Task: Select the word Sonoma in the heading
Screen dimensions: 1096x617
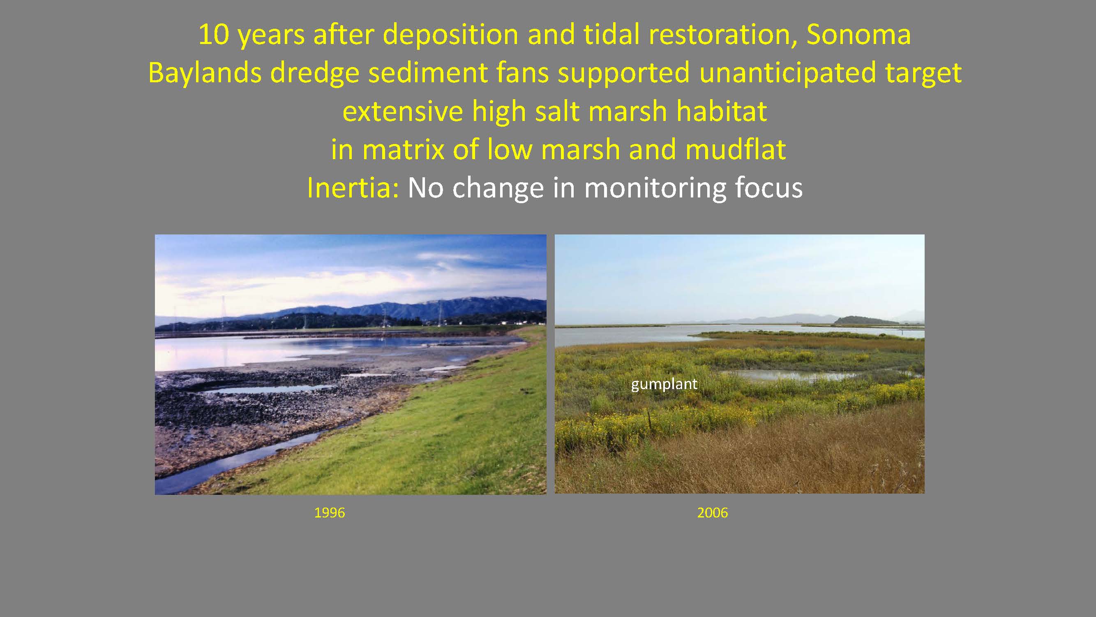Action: pyautogui.click(x=858, y=35)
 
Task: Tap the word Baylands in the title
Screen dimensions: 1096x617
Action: pyautogui.click(x=204, y=73)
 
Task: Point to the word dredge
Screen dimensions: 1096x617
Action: pyautogui.click(x=314, y=73)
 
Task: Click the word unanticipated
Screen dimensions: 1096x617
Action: pyautogui.click(x=787, y=72)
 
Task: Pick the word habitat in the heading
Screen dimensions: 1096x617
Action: pyautogui.click(x=722, y=111)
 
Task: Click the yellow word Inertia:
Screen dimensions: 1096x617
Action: pyautogui.click(x=353, y=188)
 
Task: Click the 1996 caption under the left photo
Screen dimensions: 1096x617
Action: pyautogui.click(x=329, y=513)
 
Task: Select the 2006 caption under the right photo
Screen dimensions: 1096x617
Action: pyautogui.click(x=712, y=513)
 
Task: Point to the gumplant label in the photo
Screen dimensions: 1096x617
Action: pyautogui.click(x=664, y=385)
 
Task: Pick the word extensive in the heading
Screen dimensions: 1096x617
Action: pyautogui.click(x=402, y=111)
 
